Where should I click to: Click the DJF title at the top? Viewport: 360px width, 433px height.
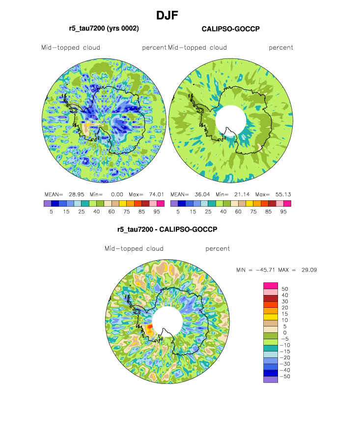coord(166,16)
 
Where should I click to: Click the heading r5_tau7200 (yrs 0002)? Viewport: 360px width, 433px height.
coord(104,29)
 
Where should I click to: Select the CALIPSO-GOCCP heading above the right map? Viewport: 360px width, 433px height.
coord(230,29)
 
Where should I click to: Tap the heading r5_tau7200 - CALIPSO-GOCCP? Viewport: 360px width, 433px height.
coord(167,229)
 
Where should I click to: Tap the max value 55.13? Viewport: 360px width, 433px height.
coord(282,193)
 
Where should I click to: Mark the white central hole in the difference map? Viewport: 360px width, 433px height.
coord(167,321)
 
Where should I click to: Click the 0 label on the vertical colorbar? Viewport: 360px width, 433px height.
coord(281,333)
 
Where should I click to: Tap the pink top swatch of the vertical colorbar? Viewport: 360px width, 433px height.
coord(271,285)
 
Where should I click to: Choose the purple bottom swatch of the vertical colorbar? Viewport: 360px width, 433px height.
coord(271,379)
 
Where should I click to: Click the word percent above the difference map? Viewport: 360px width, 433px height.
coord(218,248)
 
